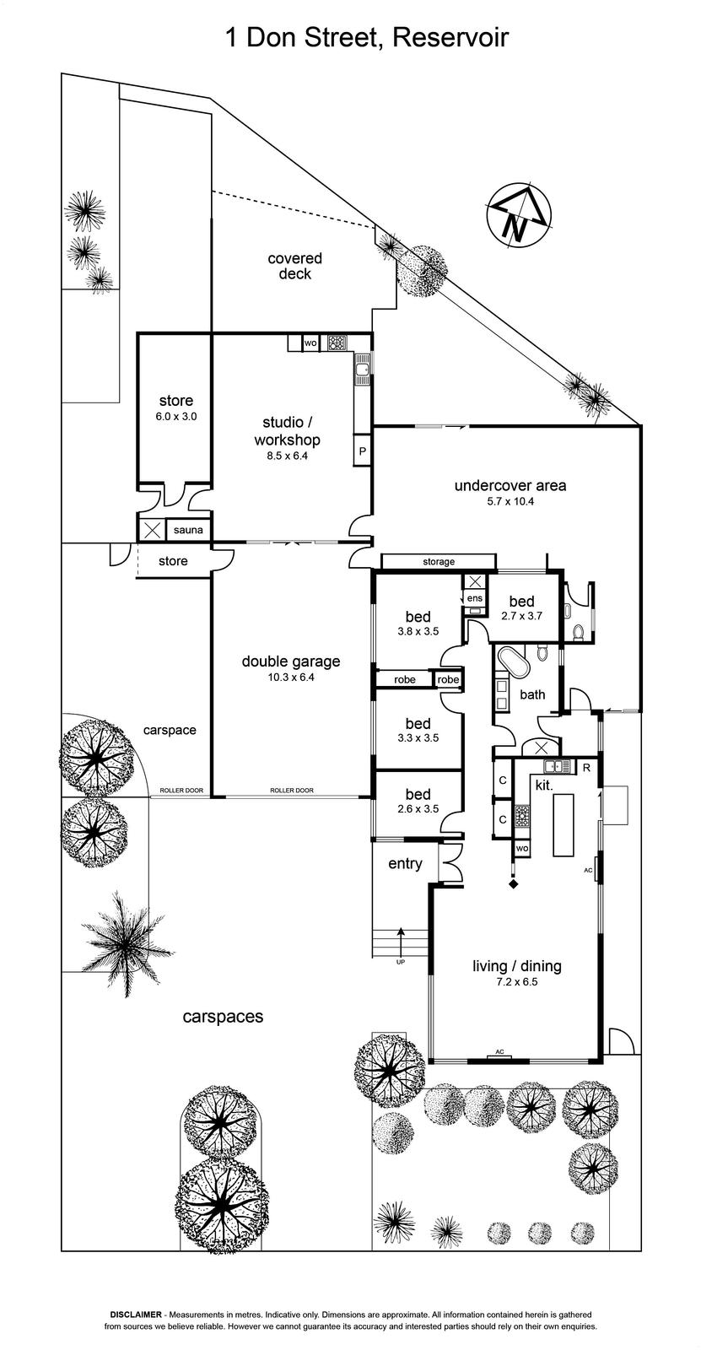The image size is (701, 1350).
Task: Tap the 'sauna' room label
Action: pyautogui.click(x=188, y=531)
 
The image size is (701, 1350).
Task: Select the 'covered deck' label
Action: pyautogui.click(x=295, y=266)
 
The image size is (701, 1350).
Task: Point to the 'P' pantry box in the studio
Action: pyautogui.click(x=363, y=451)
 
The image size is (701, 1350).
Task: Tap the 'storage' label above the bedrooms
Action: pyautogui.click(x=439, y=562)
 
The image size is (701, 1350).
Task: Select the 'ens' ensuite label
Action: pyautogui.click(x=475, y=598)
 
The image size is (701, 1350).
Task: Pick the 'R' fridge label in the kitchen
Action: pyautogui.click(x=586, y=768)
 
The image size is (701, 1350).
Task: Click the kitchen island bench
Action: pyautogui.click(x=563, y=823)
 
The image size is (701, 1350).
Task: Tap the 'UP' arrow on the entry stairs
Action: pyautogui.click(x=400, y=942)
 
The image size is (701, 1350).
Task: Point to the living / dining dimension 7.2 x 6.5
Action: pyautogui.click(x=516, y=982)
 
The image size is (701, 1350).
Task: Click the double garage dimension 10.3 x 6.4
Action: pyautogui.click(x=290, y=677)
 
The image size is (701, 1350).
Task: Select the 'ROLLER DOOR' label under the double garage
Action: pyautogui.click(x=291, y=791)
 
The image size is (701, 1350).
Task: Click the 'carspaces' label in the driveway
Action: pyautogui.click(x=223, y=1017)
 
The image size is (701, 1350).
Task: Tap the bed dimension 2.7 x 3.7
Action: pyautogui.click(x=521, y=616)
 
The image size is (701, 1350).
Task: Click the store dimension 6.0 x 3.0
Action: pyautogui.click(x=175, y=416)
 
